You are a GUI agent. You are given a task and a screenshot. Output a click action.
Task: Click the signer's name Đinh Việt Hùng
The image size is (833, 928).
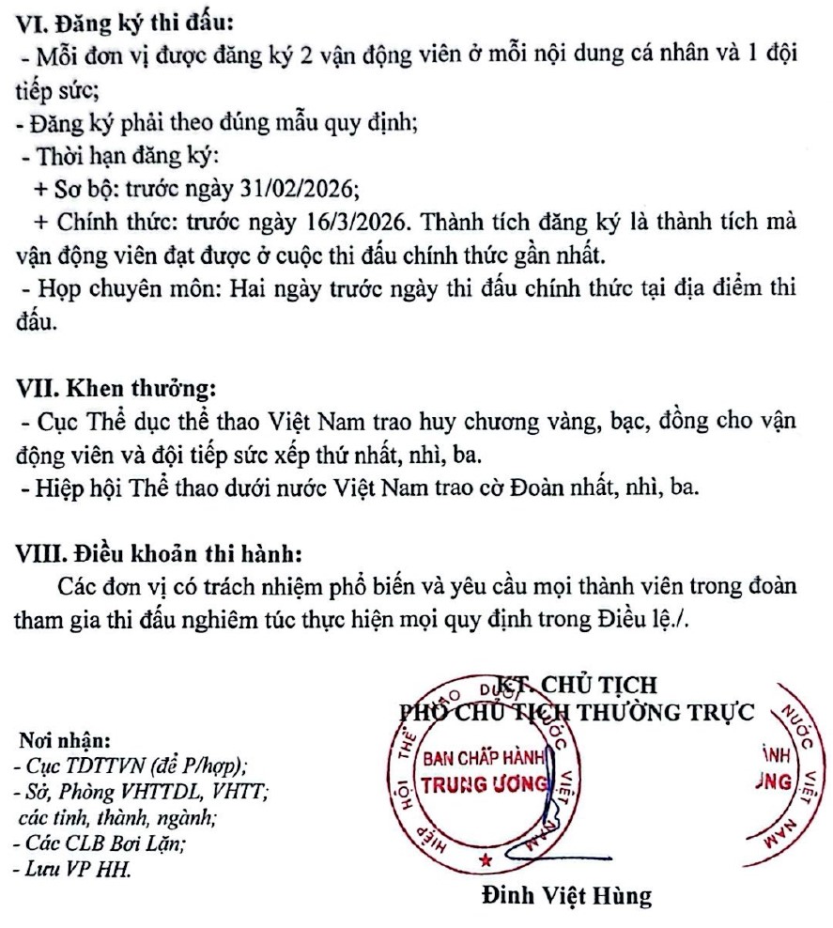565,895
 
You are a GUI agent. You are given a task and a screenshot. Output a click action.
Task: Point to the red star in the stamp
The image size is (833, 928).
486,860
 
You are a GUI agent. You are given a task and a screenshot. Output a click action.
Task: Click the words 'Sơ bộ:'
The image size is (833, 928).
83,188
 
